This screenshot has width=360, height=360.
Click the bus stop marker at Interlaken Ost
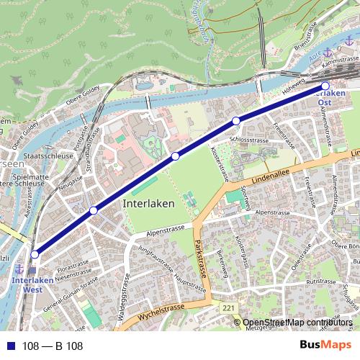tap(325, 86)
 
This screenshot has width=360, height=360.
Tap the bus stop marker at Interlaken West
tap(34, 253)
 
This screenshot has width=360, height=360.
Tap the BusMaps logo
tap(325, 346)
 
